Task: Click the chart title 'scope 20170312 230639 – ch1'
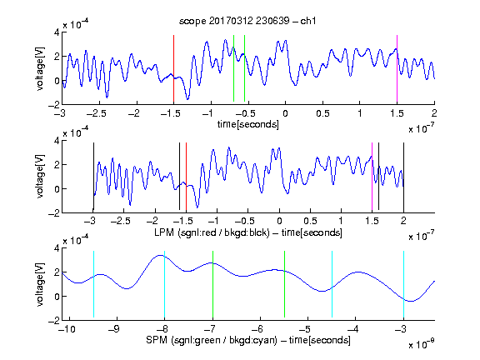(247, 21)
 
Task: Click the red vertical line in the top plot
(173, 68)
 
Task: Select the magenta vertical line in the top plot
(397, 68)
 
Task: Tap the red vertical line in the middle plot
(186, 177)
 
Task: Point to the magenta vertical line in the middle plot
(372, 177)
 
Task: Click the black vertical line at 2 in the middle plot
(403, 177)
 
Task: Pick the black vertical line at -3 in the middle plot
(93, 177)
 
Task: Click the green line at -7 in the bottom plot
(212, 284)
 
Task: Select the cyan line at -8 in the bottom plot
(164, 284)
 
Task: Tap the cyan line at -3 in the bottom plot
(403, 284)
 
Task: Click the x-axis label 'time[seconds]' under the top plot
(248, 124)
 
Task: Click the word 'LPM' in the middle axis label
(164, 232)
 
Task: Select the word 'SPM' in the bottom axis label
(157, 340)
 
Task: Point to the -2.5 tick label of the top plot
(97, 113)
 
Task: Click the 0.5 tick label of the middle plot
(310, 221)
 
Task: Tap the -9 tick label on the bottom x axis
(113, 329)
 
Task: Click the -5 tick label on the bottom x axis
(305, 329)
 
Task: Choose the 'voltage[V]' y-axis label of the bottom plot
(40, 285)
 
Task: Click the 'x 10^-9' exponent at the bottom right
(421, 344)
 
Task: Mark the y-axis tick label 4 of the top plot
(57, 32)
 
